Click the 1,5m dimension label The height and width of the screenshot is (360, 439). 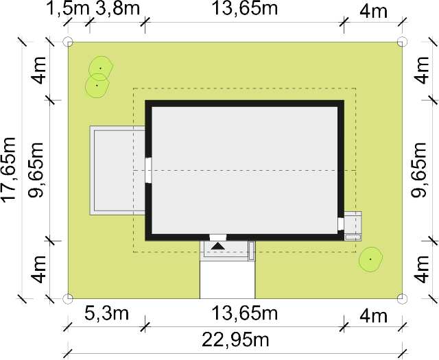coord(68,9)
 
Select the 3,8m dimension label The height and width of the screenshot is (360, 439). coord(117,8)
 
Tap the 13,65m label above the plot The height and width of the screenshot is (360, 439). coord(245,8)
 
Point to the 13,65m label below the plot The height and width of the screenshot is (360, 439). coord(245,313)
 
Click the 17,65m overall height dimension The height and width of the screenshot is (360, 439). coord(8,170)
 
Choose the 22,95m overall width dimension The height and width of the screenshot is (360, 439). coord(235,339)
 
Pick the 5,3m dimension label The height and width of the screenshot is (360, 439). coord(107,313)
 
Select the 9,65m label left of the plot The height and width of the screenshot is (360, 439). coord(36,170)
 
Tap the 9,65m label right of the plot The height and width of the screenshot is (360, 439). coord(419,170)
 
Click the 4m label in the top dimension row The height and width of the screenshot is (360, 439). coord(373,12)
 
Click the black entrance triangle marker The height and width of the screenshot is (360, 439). coord(218,246)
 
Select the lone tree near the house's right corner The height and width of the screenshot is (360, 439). coord(370,259)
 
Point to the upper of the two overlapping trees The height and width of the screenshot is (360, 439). coord(101,68)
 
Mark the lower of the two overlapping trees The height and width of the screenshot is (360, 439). coord(97,86)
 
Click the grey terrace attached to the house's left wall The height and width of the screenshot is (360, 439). coord(117,171)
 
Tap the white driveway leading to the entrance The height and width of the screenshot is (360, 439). coord(227,280)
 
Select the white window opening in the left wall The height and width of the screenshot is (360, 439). coord(148,171)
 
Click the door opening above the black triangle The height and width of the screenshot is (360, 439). coord(218,238)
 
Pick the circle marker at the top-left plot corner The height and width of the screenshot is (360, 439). coord(68,42)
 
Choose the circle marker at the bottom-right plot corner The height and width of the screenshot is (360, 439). coord(403,298)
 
